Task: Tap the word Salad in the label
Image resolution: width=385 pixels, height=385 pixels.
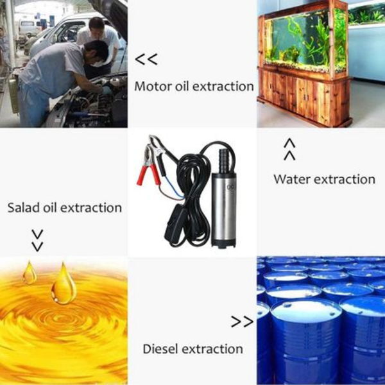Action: [x=23, y=207]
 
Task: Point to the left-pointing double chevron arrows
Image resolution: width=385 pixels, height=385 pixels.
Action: [x=146, y=60]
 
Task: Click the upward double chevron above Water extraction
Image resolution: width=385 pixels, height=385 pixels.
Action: [x=289, y=150]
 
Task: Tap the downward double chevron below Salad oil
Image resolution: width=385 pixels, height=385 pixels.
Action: [x=38, y=241]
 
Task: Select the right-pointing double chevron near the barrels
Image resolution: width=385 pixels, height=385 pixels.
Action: [x=242, y=321]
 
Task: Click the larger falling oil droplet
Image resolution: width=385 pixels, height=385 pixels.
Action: [x=64, y=284]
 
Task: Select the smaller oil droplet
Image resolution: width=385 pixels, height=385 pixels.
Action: [x=30, y=273]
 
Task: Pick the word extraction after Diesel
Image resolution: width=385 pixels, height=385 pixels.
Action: [x=213, y=348]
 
